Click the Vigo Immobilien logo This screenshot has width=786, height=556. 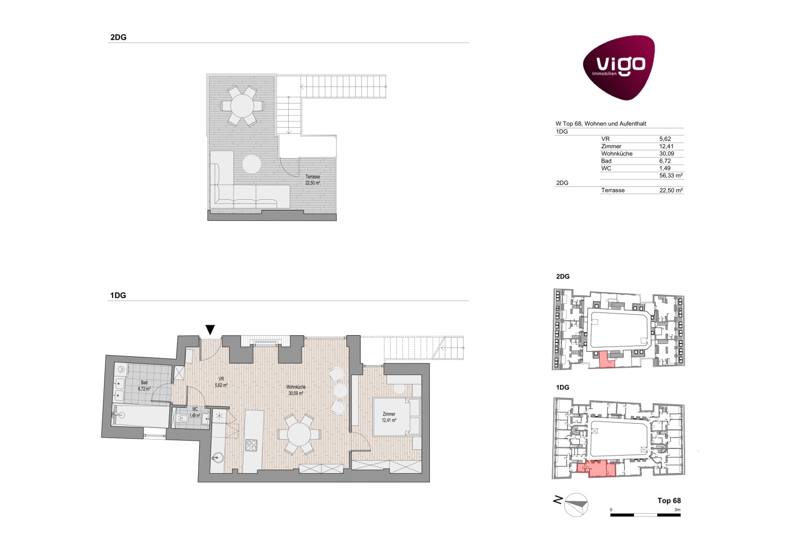619,67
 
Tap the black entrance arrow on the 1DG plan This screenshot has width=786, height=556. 210,329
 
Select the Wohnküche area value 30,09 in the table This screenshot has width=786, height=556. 667,153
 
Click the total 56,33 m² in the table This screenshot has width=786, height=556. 671,176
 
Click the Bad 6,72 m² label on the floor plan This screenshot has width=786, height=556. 144,386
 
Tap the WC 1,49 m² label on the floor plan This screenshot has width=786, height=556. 195,412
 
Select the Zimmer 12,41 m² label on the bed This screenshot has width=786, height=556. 389,417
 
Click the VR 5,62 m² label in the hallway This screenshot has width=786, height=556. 221,382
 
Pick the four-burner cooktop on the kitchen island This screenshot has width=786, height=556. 251,445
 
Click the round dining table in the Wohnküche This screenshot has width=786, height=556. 299,434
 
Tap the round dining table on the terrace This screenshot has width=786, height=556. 242,106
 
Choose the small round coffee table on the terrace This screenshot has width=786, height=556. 252,164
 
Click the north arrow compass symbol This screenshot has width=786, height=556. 576,505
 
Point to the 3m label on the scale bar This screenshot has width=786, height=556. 677,510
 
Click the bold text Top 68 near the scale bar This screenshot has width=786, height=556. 669,500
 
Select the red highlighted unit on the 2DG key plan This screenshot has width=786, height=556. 606,359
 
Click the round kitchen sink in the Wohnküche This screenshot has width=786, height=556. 217,457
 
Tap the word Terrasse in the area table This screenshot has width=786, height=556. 613,190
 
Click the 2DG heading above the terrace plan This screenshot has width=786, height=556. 118,37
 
